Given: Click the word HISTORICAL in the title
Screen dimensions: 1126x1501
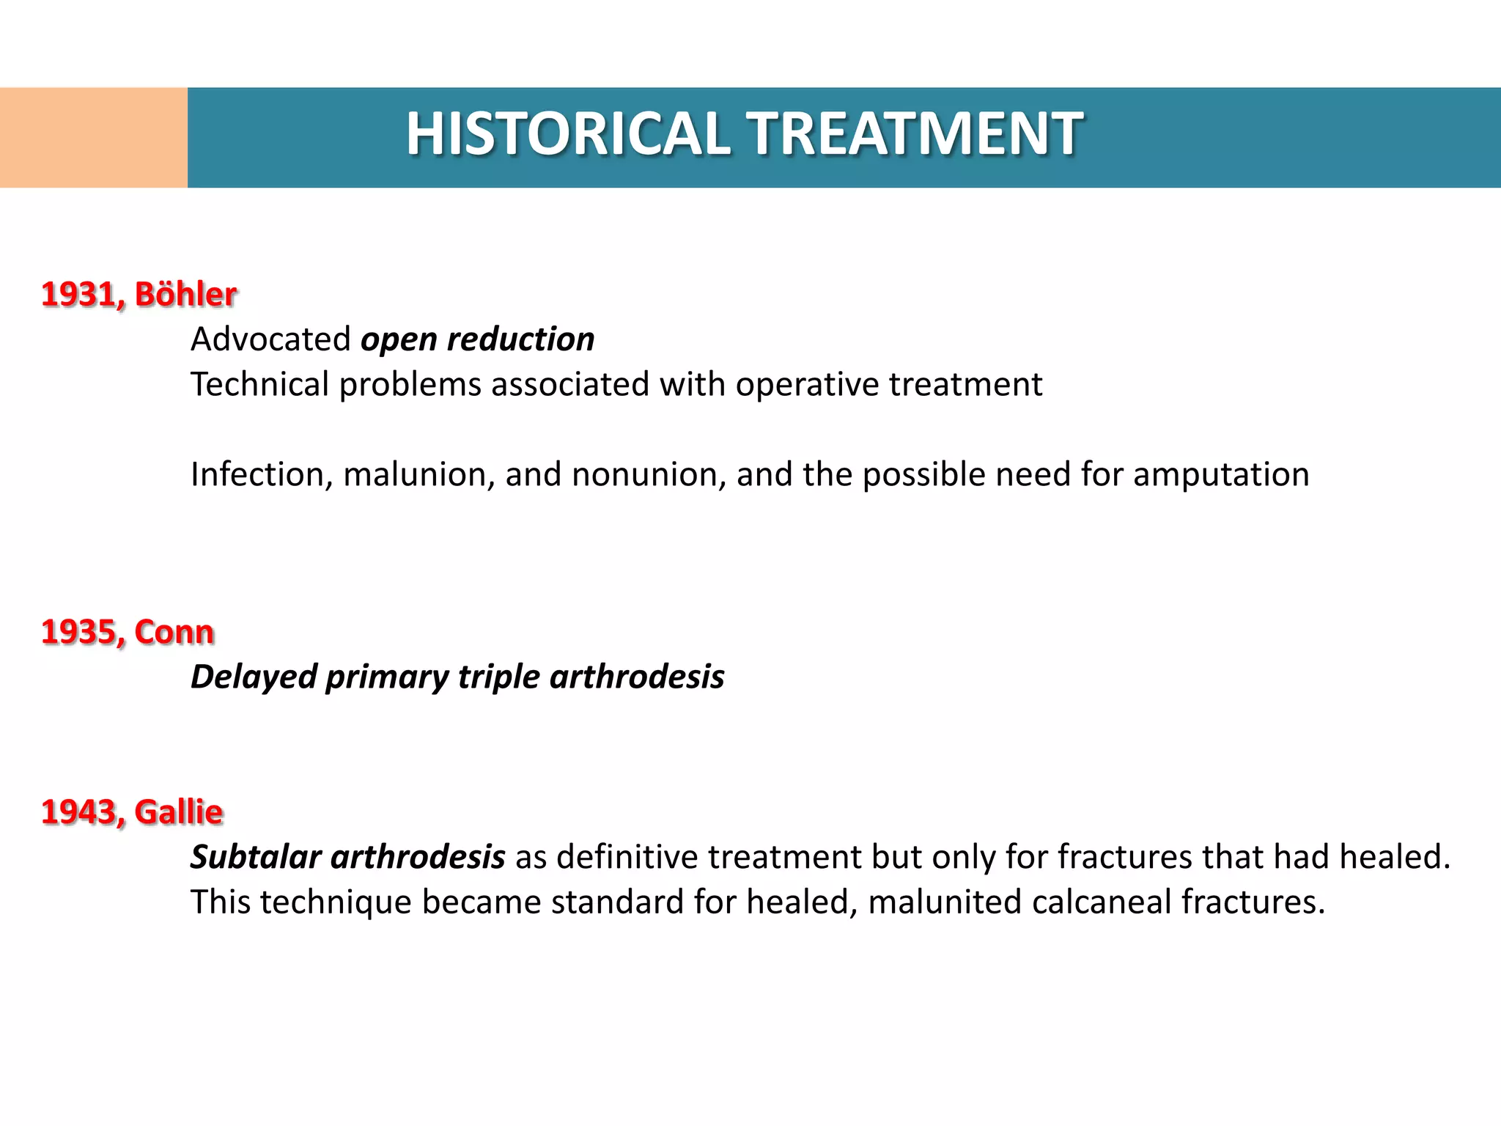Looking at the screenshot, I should [568, 134].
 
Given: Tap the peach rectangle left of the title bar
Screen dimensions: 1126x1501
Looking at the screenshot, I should [93, 138].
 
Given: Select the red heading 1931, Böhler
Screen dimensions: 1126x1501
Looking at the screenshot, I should [139, 295].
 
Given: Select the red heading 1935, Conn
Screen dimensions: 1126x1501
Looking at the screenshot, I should [128, 632].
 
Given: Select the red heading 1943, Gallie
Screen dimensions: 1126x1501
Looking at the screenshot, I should [132, 812].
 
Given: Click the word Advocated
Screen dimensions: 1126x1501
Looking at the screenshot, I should [270, 339].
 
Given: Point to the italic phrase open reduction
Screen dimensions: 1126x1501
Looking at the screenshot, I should [477, 339].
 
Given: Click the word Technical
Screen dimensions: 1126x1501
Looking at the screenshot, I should [259, 385].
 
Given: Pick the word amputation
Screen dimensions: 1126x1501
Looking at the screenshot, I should [1221, 475].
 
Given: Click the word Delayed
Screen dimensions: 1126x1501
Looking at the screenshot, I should [253, 677].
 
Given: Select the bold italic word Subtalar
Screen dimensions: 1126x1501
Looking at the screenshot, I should [256, 857].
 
